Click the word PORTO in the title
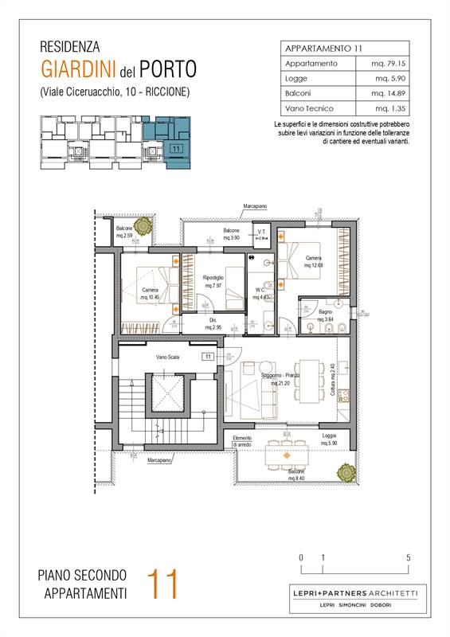click(166, 67)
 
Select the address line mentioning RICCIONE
click(114, 92)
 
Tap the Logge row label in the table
click(298, 78)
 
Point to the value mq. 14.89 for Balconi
click(393, 93)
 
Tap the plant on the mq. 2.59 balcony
click(142, 227)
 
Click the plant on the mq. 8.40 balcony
click(346, 473)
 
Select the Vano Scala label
click(168, 358)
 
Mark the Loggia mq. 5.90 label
click(328, 440)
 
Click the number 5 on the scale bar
click(409, 557)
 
